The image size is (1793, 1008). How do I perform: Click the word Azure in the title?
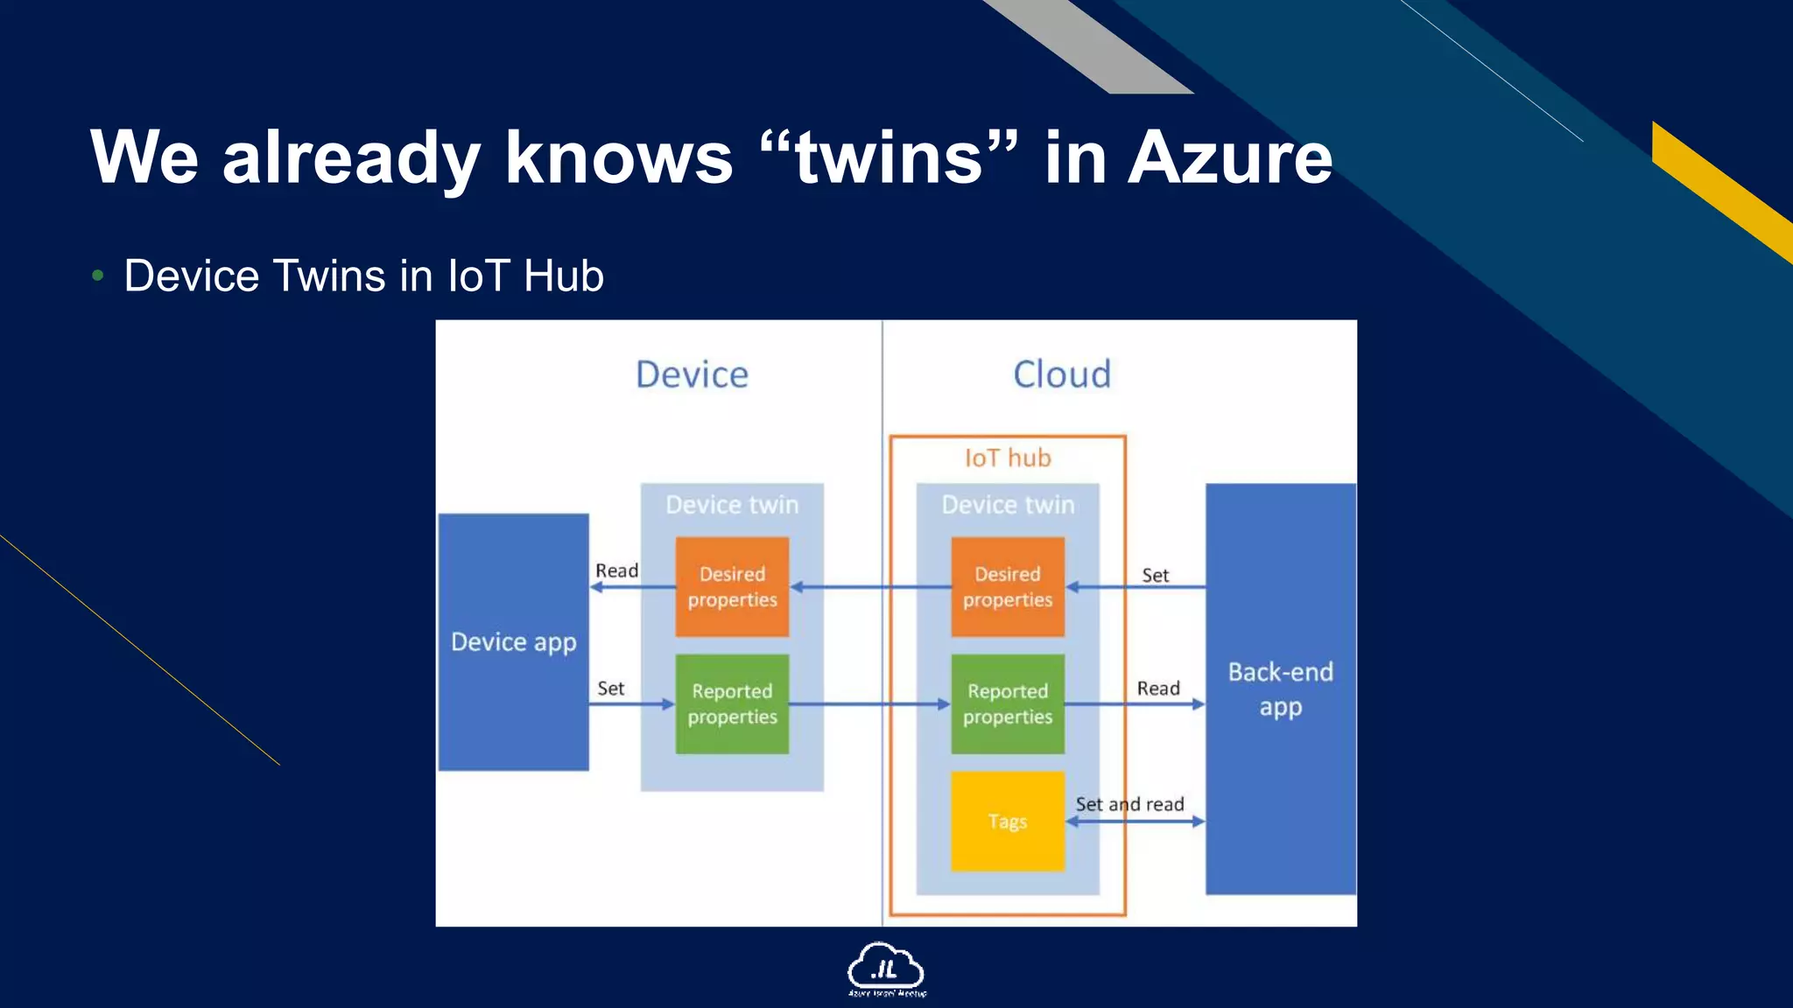click(1229, 157)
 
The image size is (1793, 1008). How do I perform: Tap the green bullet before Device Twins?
click(98, 276)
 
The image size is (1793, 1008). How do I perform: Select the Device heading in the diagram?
click(692, 374)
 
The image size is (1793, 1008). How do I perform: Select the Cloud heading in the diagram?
click(1062, 374)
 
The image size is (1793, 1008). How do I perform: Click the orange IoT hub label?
click(1008, 458)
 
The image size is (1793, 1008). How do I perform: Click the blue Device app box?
click(513, 641)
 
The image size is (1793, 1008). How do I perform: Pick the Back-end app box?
click(1280, 689)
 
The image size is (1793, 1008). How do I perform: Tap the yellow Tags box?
click(1008, 821)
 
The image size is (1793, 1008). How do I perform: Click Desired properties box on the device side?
click(732, 586)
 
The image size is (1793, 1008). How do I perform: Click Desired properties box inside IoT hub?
click(1008, 586)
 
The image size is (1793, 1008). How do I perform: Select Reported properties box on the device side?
click(732, 703)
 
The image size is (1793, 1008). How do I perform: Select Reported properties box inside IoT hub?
click(1008, 703)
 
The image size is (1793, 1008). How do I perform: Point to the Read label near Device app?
click(616, 570)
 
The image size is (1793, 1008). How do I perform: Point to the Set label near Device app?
click(610, 689)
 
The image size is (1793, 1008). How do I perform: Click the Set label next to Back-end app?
click(1155, 575)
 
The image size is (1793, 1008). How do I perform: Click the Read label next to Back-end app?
click(1157, 689)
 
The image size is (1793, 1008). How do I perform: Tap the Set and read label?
click(1129, 804)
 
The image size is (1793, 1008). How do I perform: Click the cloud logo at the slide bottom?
click(885, 968)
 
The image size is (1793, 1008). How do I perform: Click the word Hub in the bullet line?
click(563, 276)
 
